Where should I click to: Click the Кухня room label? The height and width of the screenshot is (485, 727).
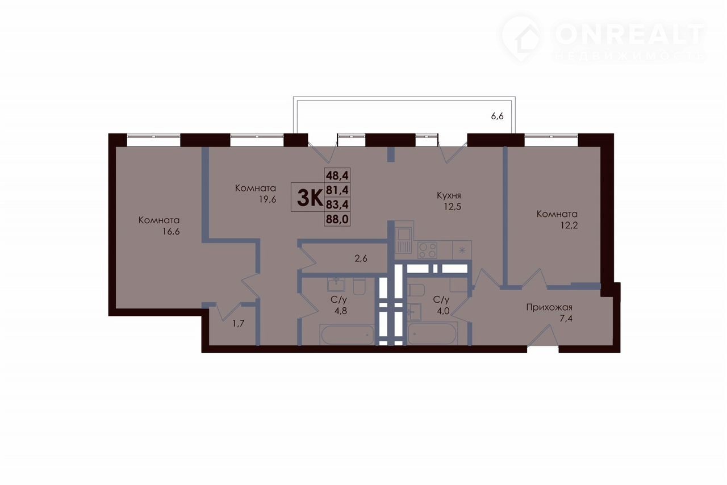pos(449,196)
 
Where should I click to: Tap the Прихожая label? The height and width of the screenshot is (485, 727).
pos(549,307)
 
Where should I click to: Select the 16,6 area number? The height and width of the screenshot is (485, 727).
pos(171,232)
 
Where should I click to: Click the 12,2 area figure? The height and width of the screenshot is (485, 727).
pos(569,225)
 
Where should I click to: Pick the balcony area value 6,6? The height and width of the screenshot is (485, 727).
pos(497,116)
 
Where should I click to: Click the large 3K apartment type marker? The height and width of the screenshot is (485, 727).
pos(310,198)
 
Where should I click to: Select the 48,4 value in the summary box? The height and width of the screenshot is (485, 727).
pos(337,176)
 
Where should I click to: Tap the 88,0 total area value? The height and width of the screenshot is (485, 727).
pos(337,219)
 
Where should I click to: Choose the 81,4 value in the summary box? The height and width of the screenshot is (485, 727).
pos(337,190)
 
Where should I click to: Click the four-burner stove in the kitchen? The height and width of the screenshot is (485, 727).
pos(428,250)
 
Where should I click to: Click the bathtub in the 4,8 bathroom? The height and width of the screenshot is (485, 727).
pos(346,335)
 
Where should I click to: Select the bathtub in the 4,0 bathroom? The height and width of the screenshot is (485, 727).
pos(433,334)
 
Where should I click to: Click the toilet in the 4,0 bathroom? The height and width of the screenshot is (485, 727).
pos(416,290)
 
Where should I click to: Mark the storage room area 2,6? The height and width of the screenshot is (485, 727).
pos(361,259)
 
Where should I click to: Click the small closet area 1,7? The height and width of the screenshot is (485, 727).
pos(238,324)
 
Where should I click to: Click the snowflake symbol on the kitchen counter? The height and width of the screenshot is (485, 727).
pos(462,250)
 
